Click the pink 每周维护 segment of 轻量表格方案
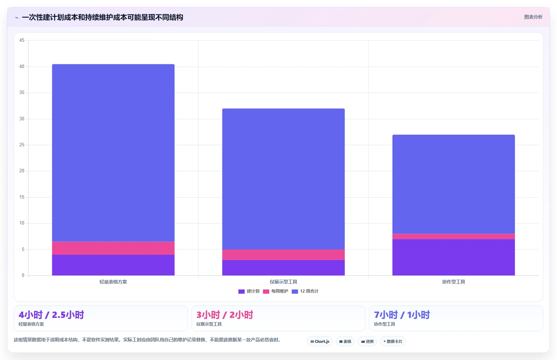tap(113, 248)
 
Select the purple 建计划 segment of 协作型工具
tap(454, 257)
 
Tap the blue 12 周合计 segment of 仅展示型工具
tap(283, 179)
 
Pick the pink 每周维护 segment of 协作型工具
tap(454, 236)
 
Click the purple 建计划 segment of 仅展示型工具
tap(283, 268)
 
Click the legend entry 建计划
tap(249, 291)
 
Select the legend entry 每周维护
tap(275, 291)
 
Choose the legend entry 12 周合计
tap(305, 291)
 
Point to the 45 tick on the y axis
tap(22, 40)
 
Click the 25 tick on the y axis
tap(22, 145)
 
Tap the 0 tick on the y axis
tap(23, 275)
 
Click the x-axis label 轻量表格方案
tap(113, 282)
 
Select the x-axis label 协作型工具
tap(454, 282)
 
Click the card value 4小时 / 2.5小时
tap(51, 315)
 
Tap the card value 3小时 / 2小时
tap(224, 315)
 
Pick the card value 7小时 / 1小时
tap(402, 315)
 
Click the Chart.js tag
tap(320, 341)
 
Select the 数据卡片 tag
tap(392, 341)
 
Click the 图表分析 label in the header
tap(533, 17)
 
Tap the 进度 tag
tap(367, 341)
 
